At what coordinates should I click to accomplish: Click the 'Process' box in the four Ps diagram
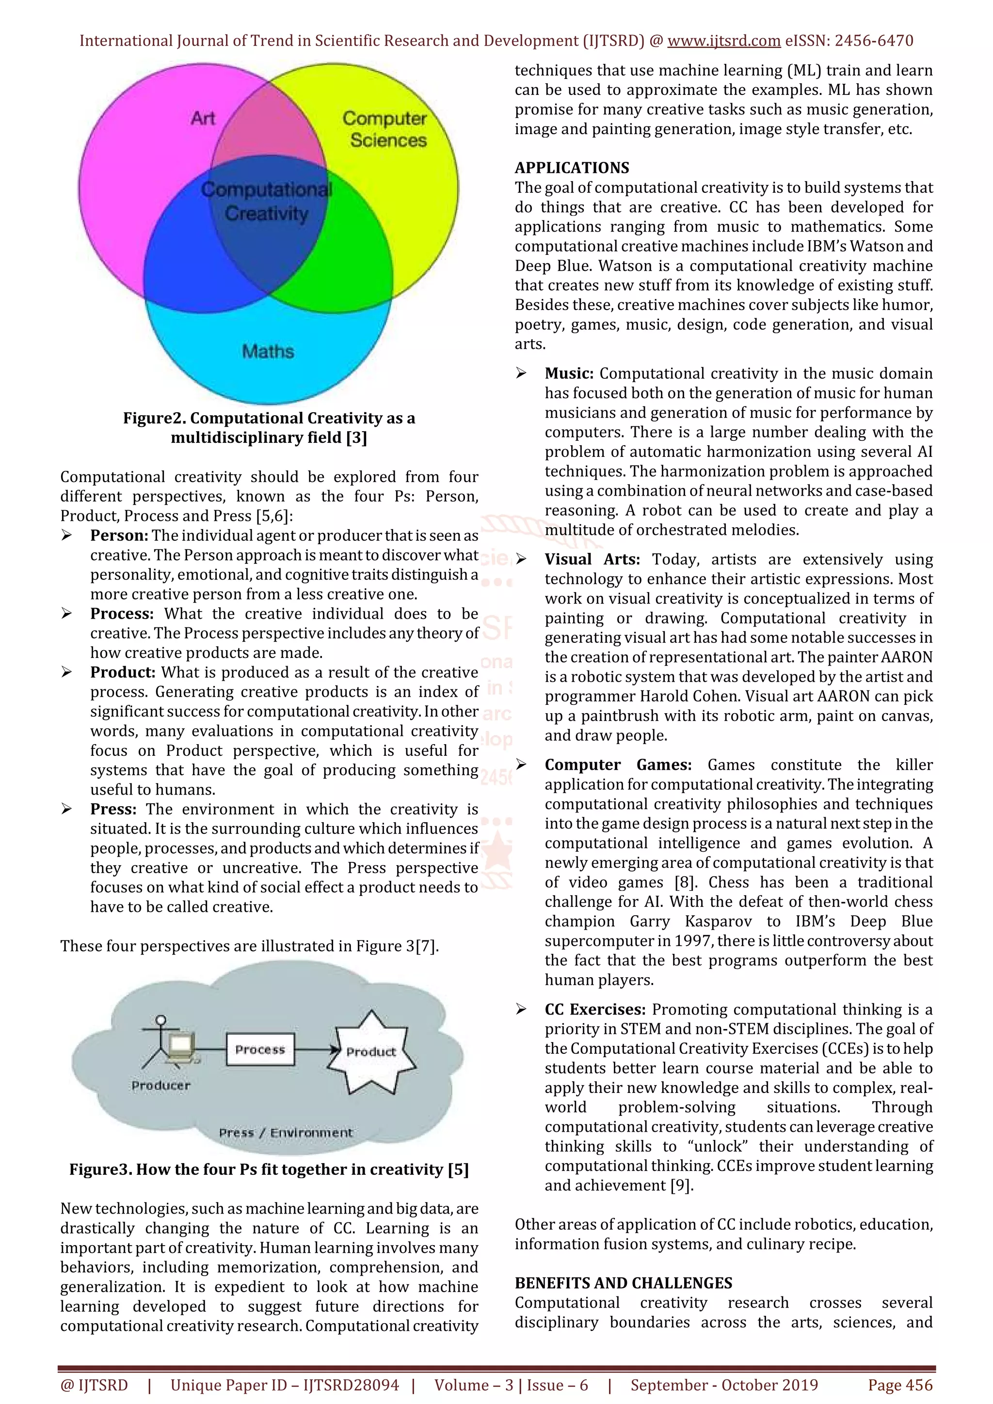[x=260, y=1050]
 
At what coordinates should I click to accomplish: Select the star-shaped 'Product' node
[x=371, y=1052]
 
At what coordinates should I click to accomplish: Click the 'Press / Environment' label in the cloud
[x=286, y=1133]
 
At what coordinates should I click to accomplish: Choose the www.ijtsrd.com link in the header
[x=724, y=41]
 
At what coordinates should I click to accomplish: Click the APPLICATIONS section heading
[x=572, y=168]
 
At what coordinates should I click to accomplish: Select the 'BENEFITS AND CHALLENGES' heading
[x=623, y=1283]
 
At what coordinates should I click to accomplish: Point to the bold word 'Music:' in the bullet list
[x=569, y=374]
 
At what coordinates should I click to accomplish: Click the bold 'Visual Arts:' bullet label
[x=592, y=560]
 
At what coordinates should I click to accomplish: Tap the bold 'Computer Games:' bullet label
[x=618, y=765]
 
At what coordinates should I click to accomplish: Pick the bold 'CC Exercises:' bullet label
[x=595, y=1010]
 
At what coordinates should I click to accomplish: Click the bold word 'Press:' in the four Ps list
[x=113, y=809]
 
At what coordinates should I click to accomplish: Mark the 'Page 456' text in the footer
[x=900, y=1385]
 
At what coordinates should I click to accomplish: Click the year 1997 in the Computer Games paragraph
[x=694, y=941]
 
